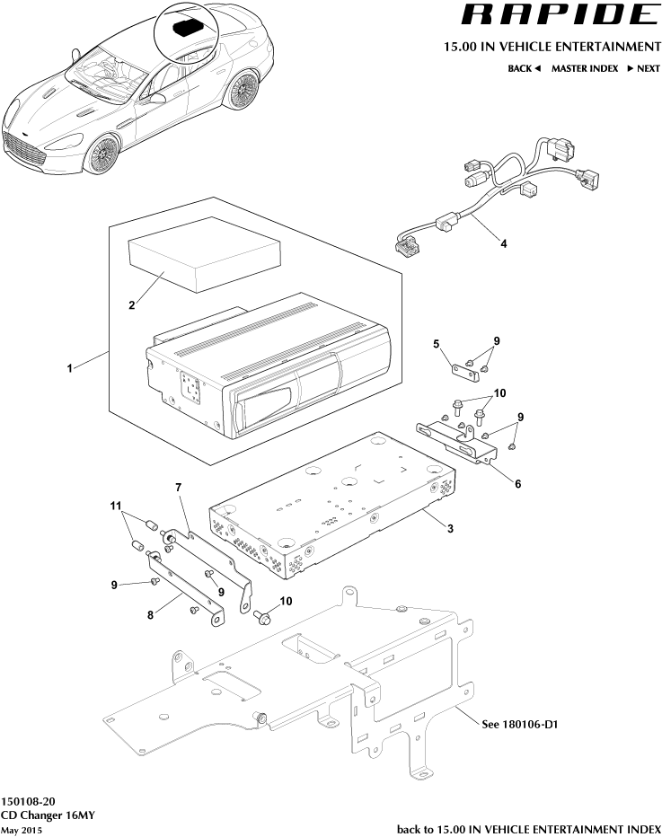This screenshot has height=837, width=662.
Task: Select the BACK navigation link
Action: [x=524, y=68]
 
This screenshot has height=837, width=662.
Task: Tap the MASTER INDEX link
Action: [x=583, y=68]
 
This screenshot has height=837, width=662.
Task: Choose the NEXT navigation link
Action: [x=643, y=68]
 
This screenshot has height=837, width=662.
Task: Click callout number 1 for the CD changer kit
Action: [x=69, y=369]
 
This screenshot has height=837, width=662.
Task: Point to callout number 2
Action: [x=132, y=305]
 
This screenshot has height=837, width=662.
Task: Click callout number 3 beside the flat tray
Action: [x=449, y=528]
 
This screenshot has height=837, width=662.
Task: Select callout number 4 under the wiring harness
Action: [x=502, y=242]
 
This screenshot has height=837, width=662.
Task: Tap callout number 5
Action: [x=437, y=344]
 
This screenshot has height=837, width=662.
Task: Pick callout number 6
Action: [x=518, y=482]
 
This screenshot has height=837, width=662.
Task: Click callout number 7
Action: [x=179, y=487]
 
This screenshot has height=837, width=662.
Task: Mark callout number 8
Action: [x=153, y=615]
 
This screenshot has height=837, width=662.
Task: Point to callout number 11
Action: [x=116, y=507]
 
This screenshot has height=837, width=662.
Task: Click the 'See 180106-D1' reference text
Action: [x=521, y=724]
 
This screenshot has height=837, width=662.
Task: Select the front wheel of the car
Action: [x=103, y=155]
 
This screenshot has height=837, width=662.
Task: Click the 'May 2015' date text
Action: [x=22, y=830]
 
